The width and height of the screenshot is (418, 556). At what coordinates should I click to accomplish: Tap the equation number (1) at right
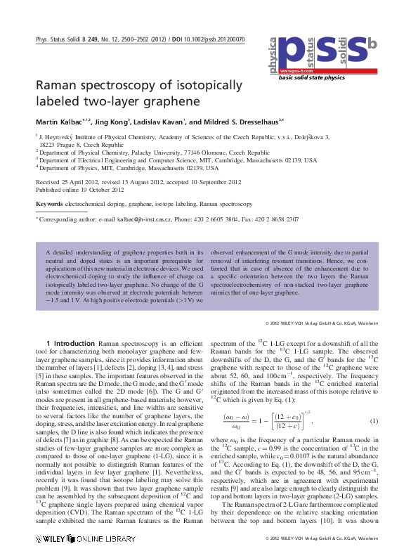point(374,421)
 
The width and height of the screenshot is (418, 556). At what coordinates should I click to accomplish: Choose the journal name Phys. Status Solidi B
point(64,40)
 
